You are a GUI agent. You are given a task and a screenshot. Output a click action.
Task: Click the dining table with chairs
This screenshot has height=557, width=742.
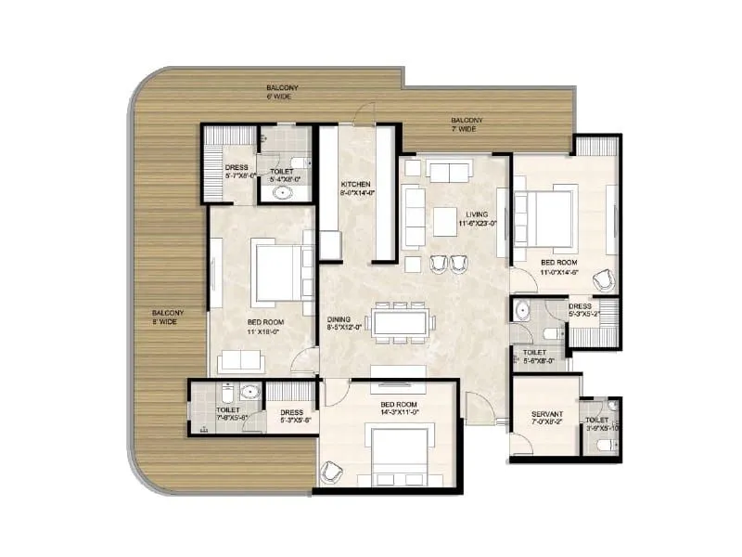click(402, 320)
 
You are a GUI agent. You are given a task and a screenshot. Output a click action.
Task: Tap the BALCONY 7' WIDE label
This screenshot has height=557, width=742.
click(466, 124)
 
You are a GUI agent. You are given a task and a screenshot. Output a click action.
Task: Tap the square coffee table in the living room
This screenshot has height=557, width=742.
click(445, 220)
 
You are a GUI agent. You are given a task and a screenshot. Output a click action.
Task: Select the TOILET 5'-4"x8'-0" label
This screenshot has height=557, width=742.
click(282, 176)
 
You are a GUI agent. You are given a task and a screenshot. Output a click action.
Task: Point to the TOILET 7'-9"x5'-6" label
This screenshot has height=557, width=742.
click(228, 414)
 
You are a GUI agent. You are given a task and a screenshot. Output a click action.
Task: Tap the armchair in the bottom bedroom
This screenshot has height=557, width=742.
click(331, 473)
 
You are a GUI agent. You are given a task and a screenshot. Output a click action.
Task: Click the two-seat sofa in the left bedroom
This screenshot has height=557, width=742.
click(242, 361)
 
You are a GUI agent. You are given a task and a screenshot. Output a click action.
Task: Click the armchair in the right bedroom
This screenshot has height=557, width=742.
click(603, 278)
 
